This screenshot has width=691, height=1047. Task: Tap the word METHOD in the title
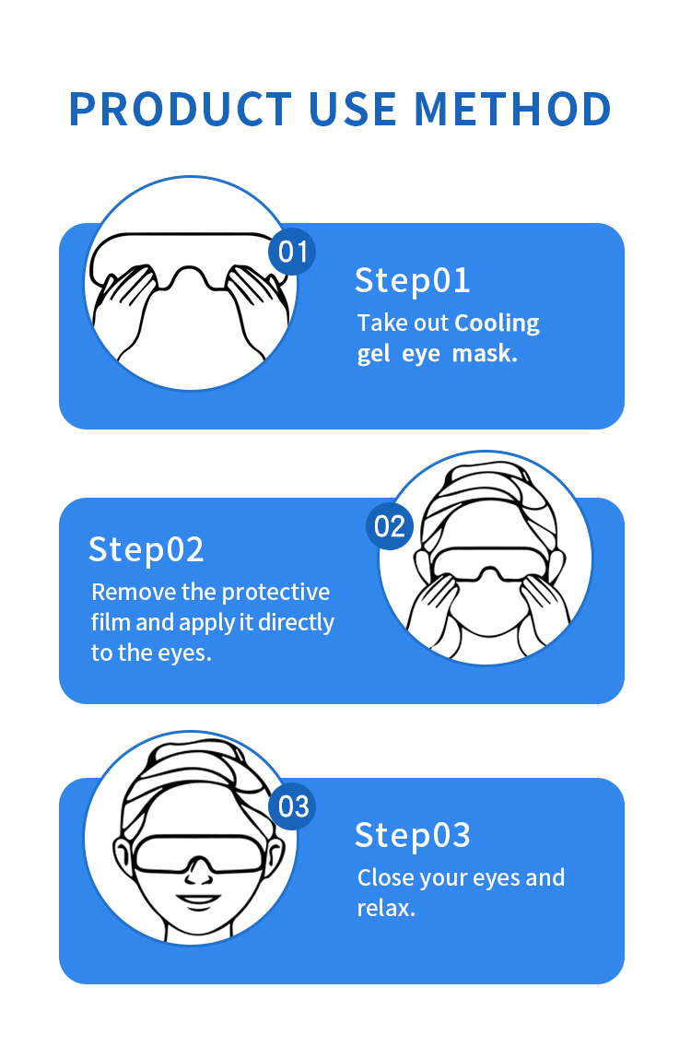point(512,109)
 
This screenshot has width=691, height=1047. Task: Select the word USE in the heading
point(353,109)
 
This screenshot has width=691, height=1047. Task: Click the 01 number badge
point(292,252)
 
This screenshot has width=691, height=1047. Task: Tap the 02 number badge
point(390,526)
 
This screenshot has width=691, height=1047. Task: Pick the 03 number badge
point(292,806)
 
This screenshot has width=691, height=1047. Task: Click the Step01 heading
point(413,280)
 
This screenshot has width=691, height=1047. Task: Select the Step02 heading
point(146,549)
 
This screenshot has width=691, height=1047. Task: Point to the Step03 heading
point(413,835)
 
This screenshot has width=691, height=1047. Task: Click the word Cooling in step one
point(497,324)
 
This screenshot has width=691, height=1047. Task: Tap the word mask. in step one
point(485,353)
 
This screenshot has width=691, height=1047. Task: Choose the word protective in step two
point(275,593)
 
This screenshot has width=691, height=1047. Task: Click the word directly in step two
point(296,623)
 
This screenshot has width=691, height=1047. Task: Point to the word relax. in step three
point(386,908)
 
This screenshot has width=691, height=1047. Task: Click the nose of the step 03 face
point(197,872)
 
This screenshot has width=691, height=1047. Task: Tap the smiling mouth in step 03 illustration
point(198,900)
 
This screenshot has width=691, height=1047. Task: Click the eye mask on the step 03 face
point(197,853)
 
